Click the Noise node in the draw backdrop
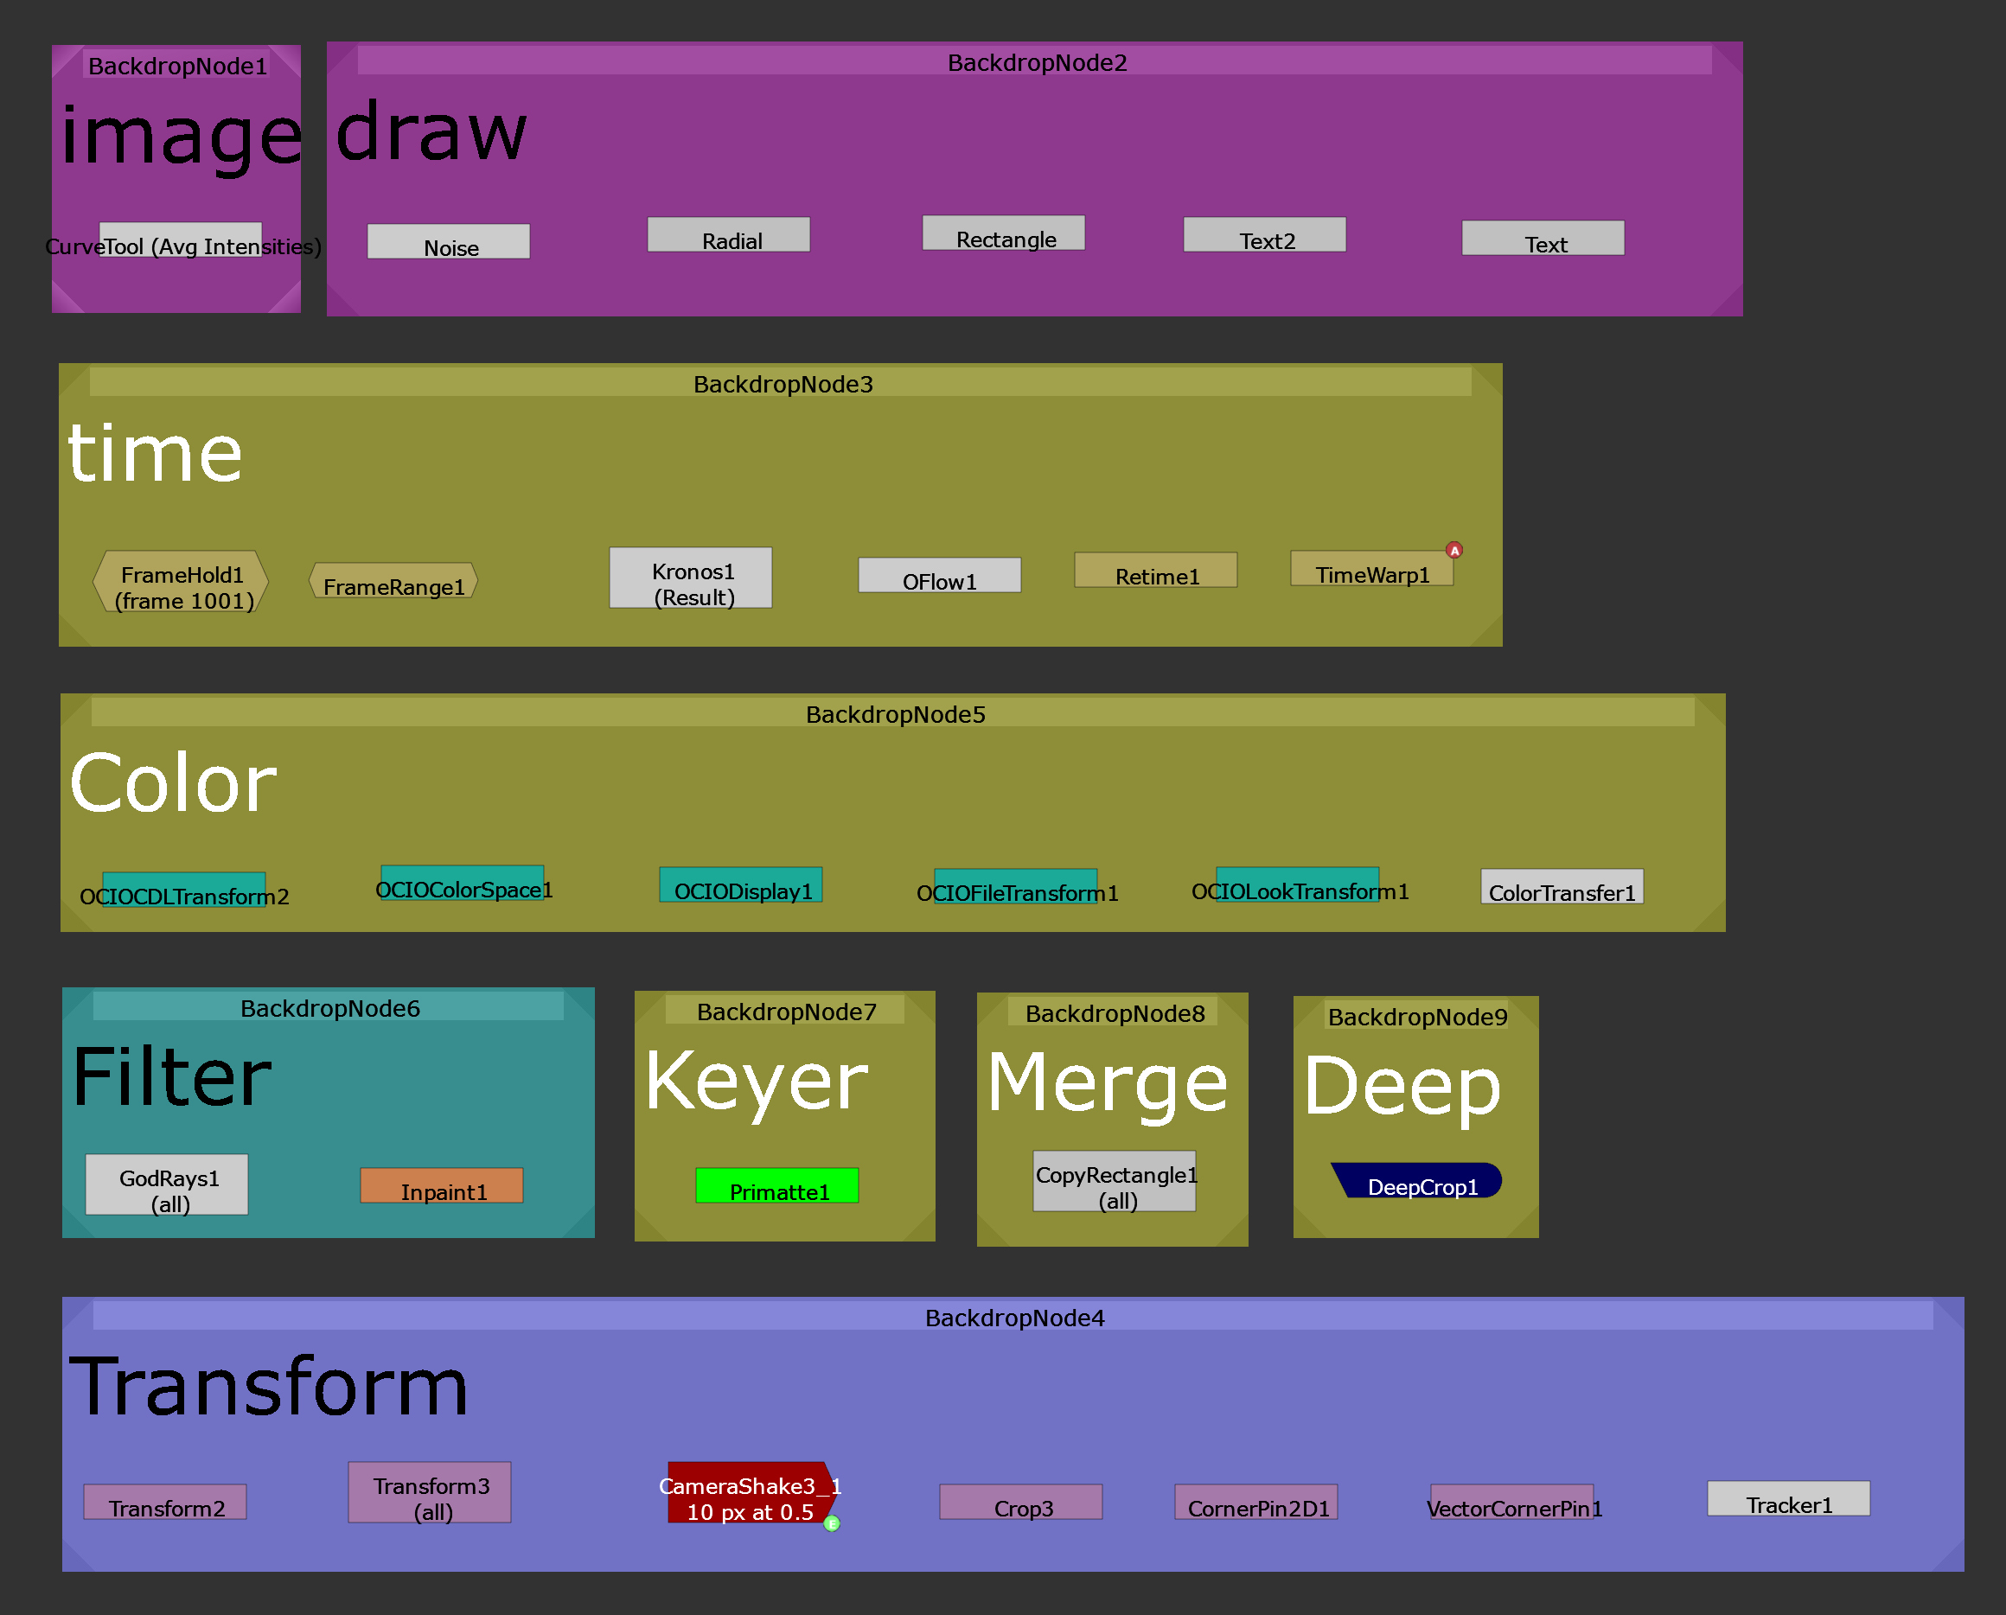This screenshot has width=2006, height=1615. click(449, 242)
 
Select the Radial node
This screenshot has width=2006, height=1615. click(729, 235)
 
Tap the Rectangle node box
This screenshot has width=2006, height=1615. click(1003, 233)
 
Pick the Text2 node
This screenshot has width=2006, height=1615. click(1264, 235)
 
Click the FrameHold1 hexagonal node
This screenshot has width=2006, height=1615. click(182, 583)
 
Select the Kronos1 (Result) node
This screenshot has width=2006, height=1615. click(690, 578)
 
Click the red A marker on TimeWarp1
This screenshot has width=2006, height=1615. click(1454, 551)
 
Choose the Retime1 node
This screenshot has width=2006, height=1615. click(1155, 571)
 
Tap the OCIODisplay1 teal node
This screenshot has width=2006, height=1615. click(741, 885)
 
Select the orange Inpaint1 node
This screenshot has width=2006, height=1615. click(442, 1186)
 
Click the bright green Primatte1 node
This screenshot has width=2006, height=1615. click(777, 1186)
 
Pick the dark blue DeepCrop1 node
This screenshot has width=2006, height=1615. click(1419, 1182)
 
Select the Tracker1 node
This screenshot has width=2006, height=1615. click(1788, 1498)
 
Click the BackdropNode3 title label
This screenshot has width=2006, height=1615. click(783, 384)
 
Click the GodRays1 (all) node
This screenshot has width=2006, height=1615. click(168, 1185)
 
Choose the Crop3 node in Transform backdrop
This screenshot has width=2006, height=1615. click(1020, 1503)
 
